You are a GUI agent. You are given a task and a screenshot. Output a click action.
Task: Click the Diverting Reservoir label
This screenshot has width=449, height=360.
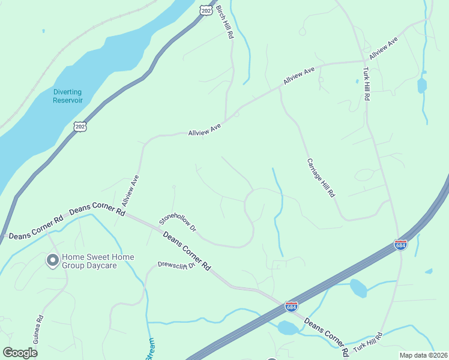[67, 96]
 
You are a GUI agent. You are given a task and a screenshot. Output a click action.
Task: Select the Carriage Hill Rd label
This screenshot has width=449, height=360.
[321, 178]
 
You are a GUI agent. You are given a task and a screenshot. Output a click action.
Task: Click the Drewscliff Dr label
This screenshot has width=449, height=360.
[177, 265]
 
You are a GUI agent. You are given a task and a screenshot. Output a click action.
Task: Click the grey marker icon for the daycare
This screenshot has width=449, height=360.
[52, 260]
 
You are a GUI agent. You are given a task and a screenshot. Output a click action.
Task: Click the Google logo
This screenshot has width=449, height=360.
[20, 353]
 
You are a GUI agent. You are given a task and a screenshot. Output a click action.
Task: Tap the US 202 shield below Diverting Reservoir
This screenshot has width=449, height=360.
[80, 125]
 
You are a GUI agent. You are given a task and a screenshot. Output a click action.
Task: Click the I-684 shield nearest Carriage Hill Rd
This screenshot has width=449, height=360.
[401, 244]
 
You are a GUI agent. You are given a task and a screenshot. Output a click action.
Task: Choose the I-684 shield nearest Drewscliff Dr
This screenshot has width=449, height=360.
[291, 307]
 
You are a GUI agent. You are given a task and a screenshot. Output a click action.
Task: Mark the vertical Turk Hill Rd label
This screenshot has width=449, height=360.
[366, 84]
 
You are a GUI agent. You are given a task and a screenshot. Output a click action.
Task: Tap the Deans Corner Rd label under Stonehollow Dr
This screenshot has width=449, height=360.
[187, 251]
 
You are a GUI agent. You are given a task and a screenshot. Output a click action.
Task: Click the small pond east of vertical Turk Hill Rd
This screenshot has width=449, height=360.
[422, 85]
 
